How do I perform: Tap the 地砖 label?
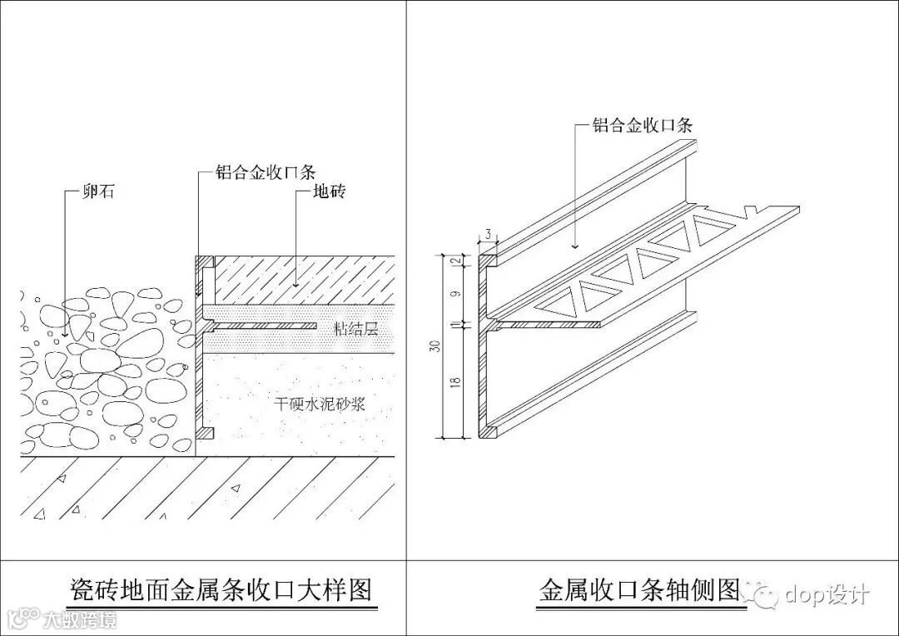point(328,192)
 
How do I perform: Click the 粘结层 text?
point(355,329)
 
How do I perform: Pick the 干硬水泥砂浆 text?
point(320,405)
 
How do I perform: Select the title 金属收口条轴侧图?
point(639,590)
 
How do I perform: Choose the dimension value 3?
point(488,233)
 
